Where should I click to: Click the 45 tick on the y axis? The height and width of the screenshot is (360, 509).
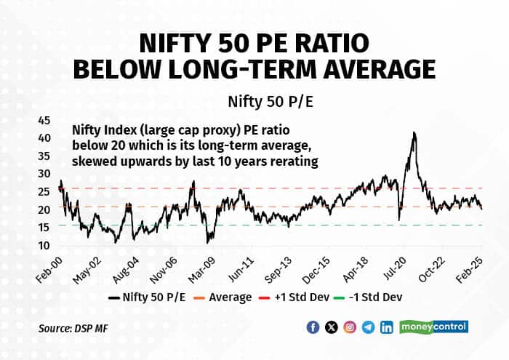44,119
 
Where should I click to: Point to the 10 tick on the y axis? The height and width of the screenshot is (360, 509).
44,245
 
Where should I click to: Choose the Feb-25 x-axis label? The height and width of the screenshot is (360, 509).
476,268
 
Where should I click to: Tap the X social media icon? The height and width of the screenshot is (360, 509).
332,327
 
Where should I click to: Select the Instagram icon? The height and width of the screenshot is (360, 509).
350,327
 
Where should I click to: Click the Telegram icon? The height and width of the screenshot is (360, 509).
368,327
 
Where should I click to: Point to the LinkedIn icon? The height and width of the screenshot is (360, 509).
386,327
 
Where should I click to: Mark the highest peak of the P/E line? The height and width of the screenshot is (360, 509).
414,133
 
